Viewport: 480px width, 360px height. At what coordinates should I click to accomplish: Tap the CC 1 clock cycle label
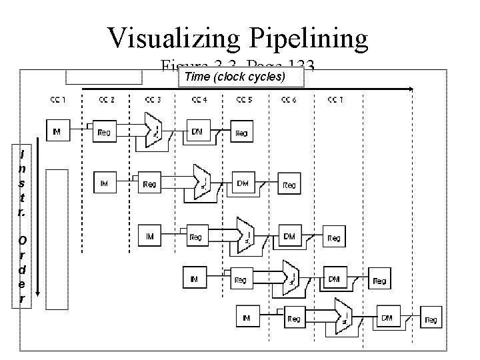pos(58,100)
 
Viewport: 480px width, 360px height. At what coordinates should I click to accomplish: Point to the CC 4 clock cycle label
pos(199,100)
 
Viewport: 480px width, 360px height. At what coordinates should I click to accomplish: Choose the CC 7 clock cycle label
pos(336,100)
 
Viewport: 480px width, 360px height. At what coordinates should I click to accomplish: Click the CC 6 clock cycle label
pos(291,100)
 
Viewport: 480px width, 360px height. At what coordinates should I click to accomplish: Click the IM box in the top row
pos(57,131)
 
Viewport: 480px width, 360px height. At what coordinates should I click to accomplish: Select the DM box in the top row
pos(198,132)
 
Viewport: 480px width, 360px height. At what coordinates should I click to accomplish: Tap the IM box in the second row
pos(105,181)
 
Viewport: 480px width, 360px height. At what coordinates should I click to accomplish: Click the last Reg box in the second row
pos(289,185)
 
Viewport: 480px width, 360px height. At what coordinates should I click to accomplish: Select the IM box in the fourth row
pos(193,279)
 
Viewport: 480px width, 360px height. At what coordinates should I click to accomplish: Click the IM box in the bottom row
pos(246,319)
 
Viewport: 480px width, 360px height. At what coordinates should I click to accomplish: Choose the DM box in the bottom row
pos(386,319)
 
